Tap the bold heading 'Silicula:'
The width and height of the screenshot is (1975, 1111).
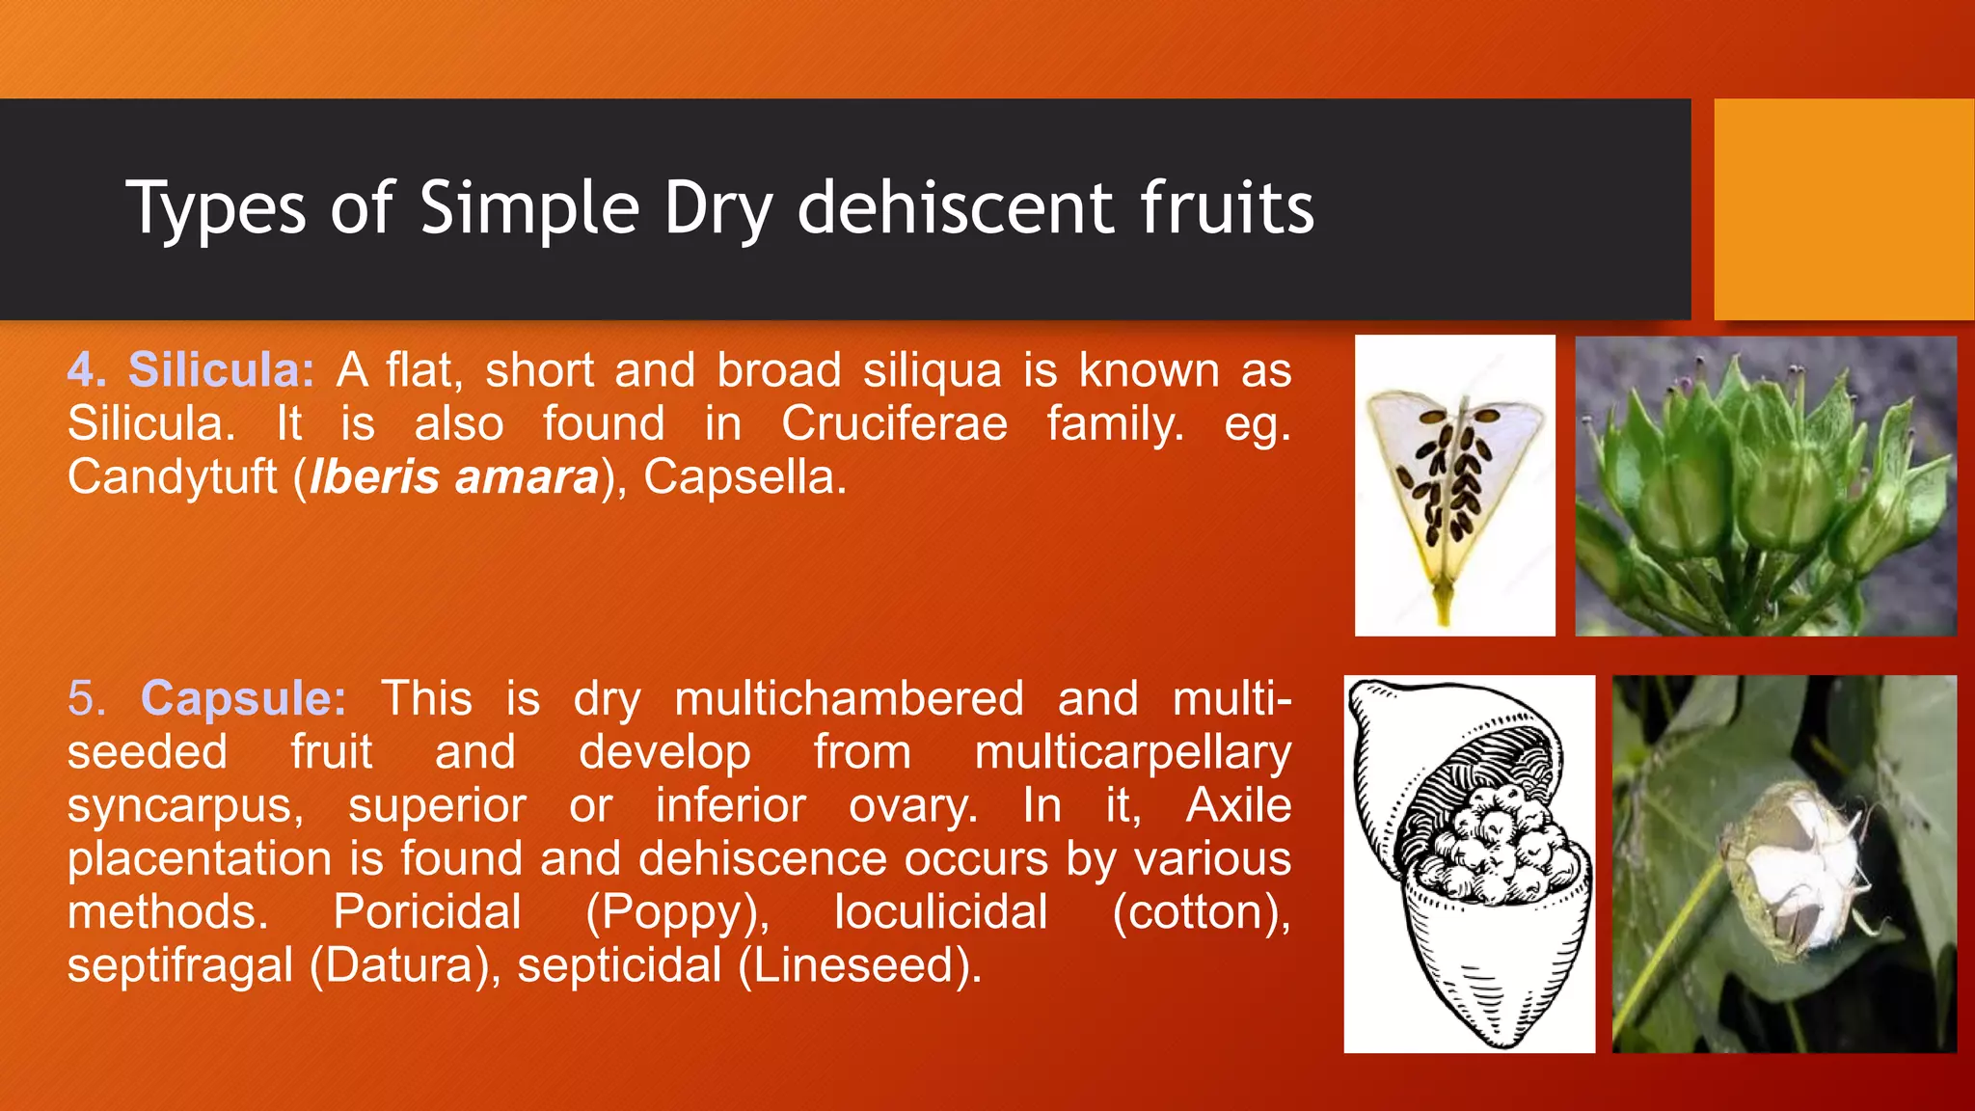pyautogui.click(x=221, y=370)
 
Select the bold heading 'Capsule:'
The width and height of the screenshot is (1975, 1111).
pyautogui.click(x=243, y=698)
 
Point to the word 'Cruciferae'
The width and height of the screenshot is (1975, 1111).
pyautogui.click(x=894, y=424)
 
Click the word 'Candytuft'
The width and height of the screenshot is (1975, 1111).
pyautogui.click(x=172, y=477)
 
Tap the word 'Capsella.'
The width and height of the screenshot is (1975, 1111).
pyautogui.click(x=744, y=477)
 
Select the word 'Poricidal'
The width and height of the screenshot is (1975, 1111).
pyautogui.click(x=427, y=912)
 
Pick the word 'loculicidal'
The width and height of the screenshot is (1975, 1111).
pyautogui.click(x=940, y=912)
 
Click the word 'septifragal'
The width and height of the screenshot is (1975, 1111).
pyautogui.click(x=179, y=965)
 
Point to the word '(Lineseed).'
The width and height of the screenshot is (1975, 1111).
pyautogui.click(x=859, y=965)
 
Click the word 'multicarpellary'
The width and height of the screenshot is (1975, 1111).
pyautogui.click(x=1132, y=753)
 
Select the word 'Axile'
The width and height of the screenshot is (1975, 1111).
pyautogui.click(x=1238, y=805)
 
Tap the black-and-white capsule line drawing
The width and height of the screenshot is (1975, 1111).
pyautogui.click(x=1469, y=863)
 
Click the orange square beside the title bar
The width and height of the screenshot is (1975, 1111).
pyautogui.click(x=1843, y=208)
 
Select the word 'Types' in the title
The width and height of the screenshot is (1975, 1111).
pyautogui.click(x=216, y=208)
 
